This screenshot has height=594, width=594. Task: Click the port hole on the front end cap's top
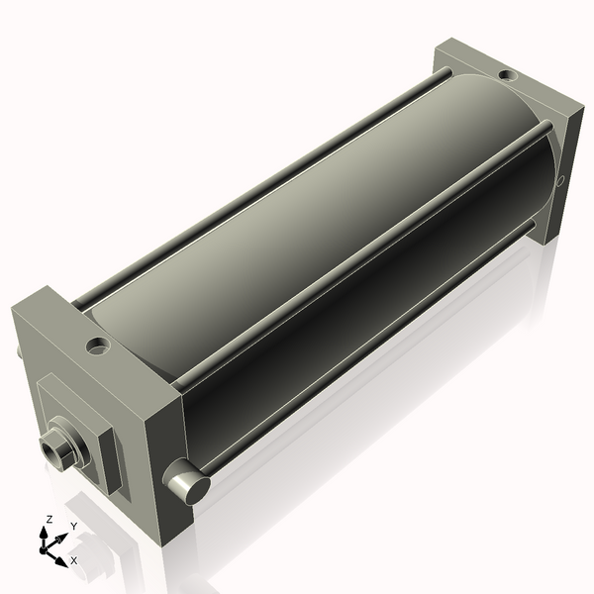pos(97,346)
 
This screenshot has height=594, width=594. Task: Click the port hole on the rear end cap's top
pos(507,75)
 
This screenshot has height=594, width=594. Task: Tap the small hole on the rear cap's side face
pos(560,181)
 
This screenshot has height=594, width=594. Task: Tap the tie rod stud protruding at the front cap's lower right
pos(186,484)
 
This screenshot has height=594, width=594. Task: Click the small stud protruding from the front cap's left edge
pos(18,351)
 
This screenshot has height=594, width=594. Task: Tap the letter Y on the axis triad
pos(73,526)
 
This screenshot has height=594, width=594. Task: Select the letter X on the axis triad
pos(73,560)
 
